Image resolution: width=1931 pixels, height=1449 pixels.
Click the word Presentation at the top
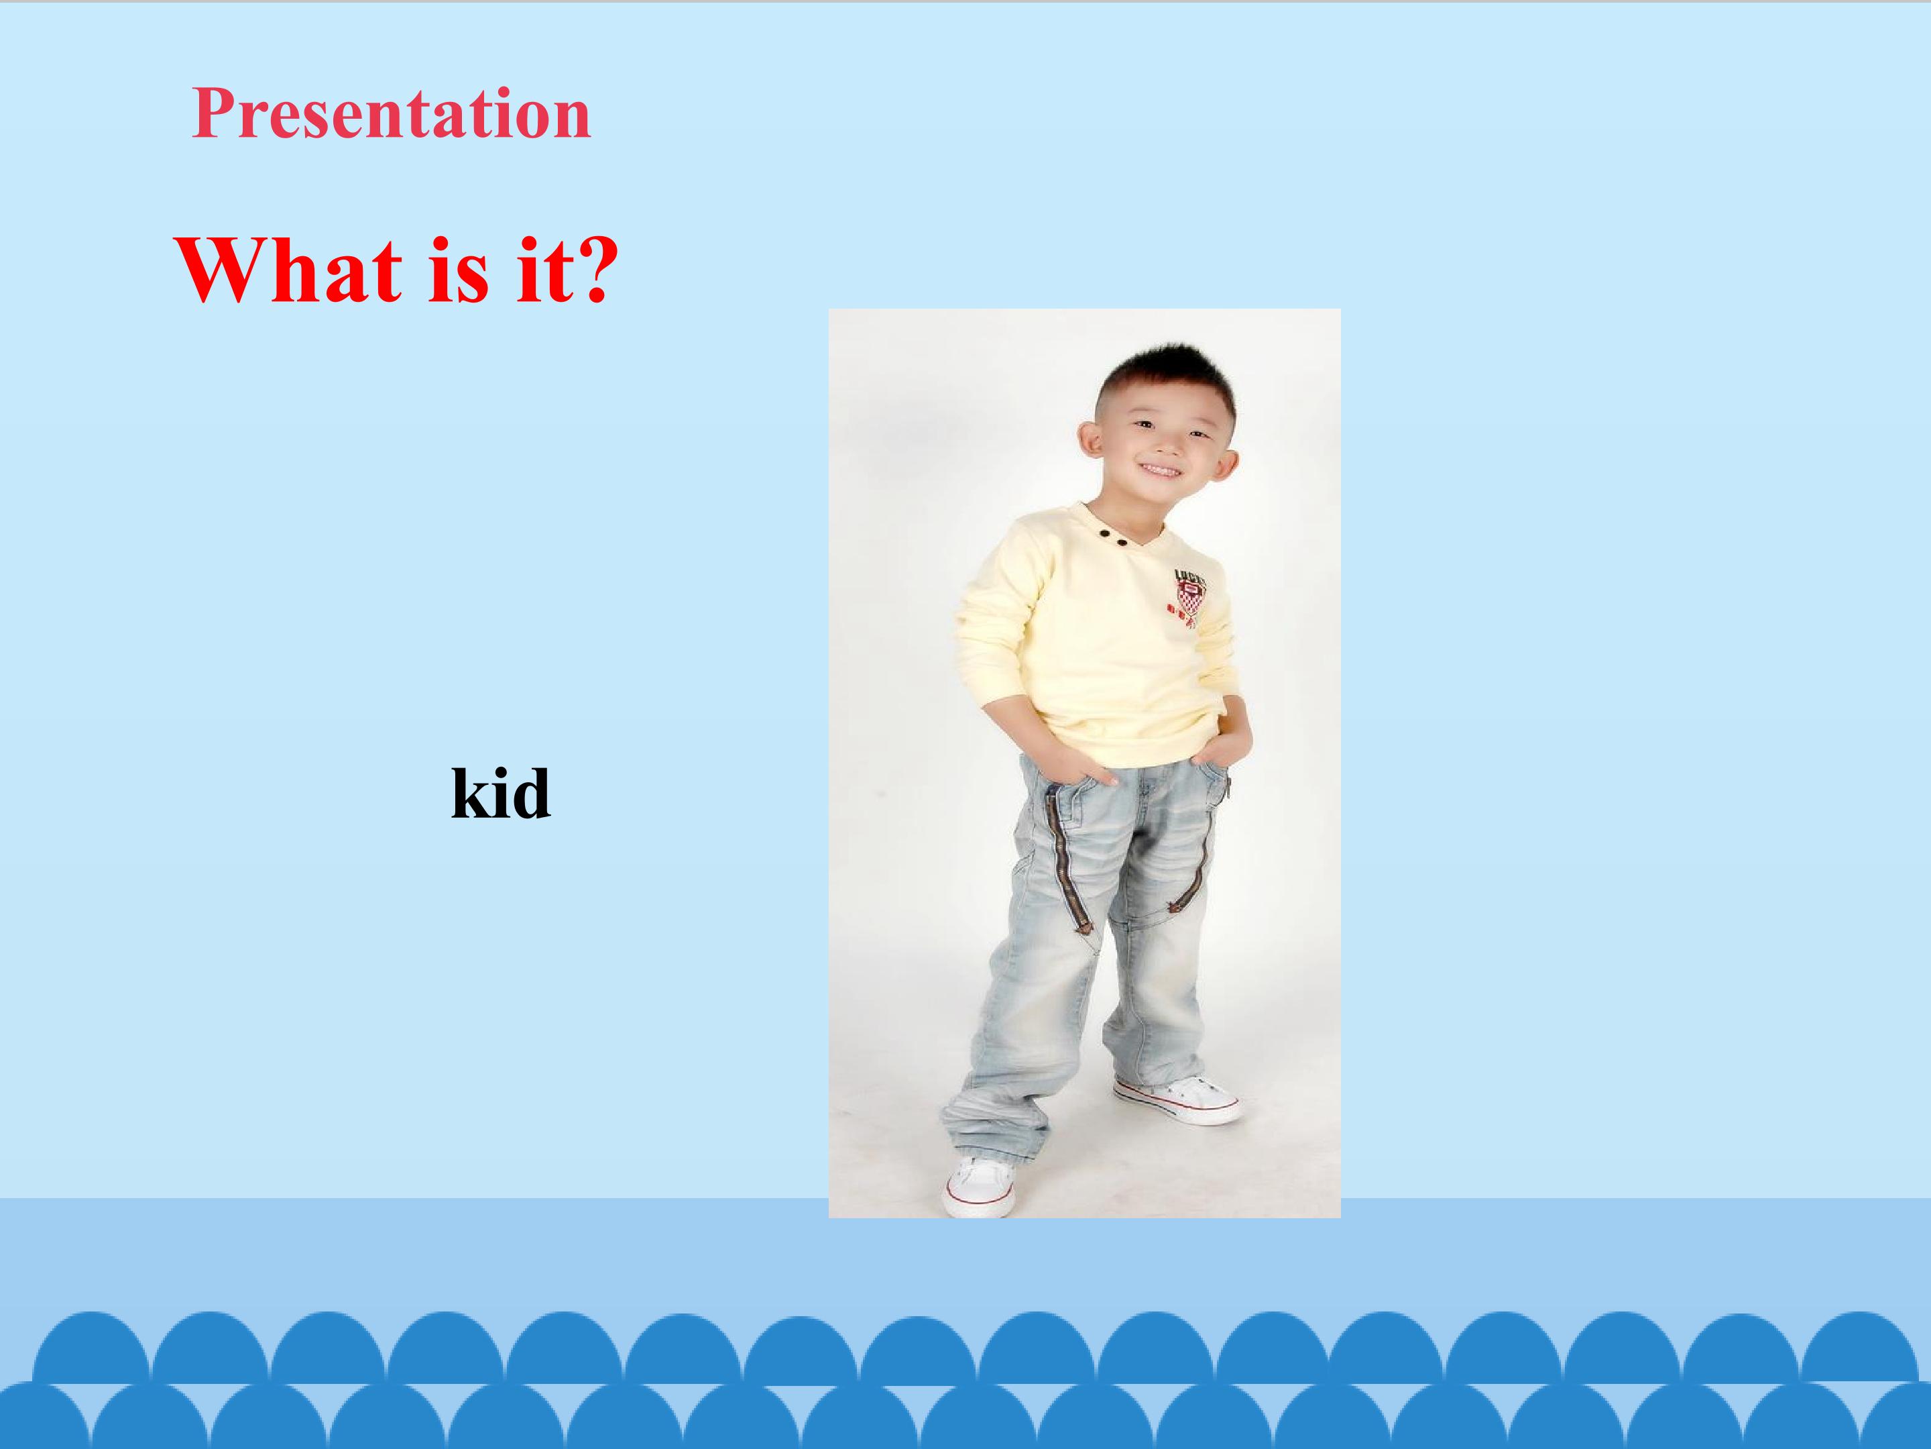click(391, 113)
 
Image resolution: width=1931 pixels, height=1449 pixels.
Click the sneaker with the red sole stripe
click(1176, 1101)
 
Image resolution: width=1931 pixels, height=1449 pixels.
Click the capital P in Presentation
click(213, 113)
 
